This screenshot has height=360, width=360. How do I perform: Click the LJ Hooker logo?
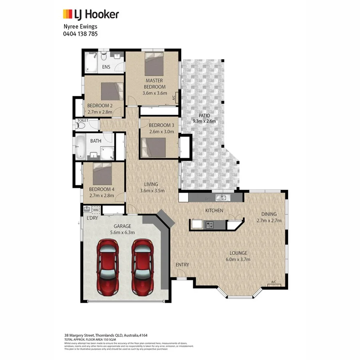coord(91,14)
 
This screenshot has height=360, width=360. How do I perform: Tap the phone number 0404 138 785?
coord(80,34)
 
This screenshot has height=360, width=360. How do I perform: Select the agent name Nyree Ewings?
coord(80,26)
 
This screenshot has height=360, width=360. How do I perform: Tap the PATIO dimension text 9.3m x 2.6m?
coord(204,121)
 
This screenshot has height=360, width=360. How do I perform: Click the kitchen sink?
coord(221,198)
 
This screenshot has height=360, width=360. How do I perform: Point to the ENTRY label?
coord(182,265)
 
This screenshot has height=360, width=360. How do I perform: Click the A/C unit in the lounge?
coord(274,284)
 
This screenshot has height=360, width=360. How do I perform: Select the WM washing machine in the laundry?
coord(95,210)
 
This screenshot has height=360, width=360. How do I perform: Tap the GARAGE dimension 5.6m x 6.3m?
coord(122,232)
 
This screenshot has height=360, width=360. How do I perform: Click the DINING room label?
coord(269,214)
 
